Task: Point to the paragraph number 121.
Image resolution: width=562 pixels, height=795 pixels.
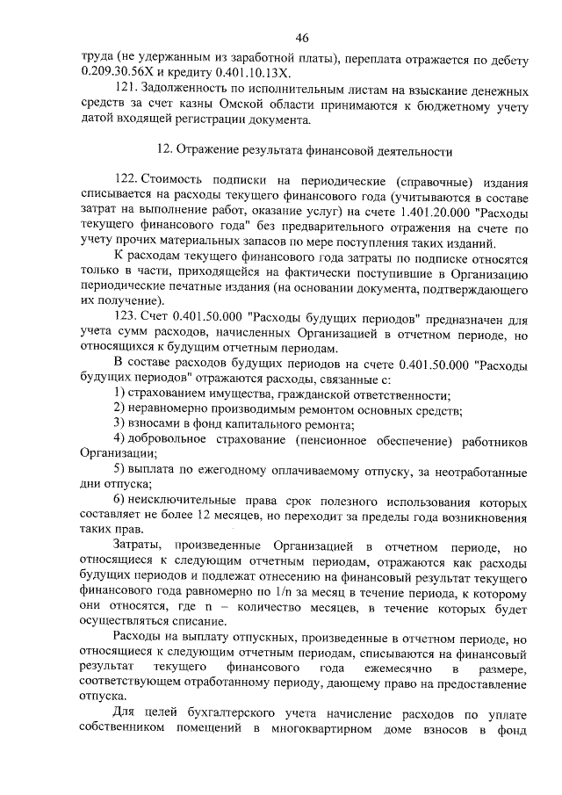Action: coord(128,90)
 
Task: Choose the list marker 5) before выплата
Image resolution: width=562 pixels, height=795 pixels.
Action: coord(120,470)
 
